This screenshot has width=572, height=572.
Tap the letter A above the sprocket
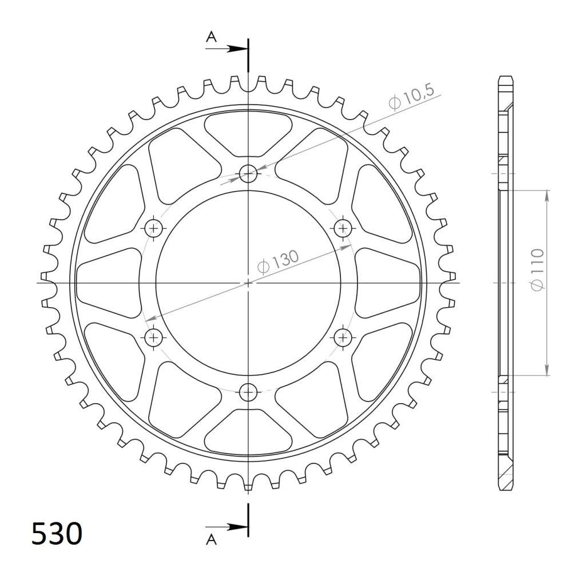coord(211,37)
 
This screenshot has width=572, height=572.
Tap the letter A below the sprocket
coord(211,539)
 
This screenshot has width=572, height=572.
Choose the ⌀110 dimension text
coord(537,269)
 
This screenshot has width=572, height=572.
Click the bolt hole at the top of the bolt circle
coord(248,173)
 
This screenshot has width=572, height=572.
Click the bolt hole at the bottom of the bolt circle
coord(248,392)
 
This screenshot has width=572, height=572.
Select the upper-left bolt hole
coord(153,228)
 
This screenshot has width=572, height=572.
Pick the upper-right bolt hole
coord(343,228)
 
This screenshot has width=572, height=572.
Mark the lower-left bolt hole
coord(153,337)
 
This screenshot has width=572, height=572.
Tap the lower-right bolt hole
coord(343,337)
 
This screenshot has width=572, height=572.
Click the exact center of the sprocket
coord(248,283)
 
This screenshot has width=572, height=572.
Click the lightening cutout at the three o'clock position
coord(389,283)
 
